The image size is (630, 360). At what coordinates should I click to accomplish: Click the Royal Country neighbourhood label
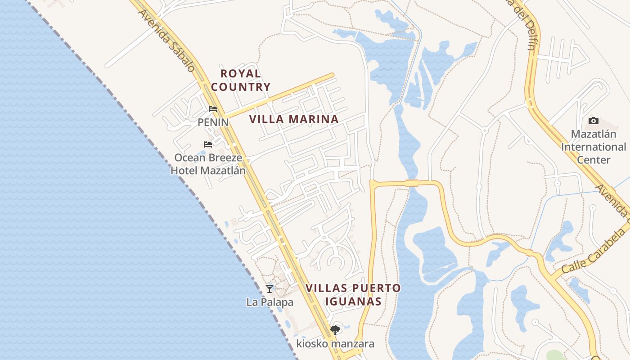[x=241, y=80]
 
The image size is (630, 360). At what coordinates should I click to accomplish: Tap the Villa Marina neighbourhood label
[x=293, y=119]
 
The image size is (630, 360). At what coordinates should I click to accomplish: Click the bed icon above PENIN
[x=213, y=109]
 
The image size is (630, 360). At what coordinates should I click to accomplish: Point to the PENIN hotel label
[x=213, y=122]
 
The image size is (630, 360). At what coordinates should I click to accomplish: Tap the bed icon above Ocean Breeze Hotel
[x=207, y=144]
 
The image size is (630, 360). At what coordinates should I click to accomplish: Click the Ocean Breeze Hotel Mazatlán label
[x=208, y=164]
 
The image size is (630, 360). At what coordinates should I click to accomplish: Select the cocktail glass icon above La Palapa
[x=270, y=289]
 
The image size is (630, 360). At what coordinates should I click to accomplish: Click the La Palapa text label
[x=270, y=302]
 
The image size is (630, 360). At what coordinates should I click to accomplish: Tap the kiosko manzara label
[x=335, y=344]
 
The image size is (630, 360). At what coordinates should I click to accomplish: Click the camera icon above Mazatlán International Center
[x=594, y=121]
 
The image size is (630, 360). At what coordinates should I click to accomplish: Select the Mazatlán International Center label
[x=594, y=147]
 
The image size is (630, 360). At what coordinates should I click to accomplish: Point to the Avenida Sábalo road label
[x=166, y=40]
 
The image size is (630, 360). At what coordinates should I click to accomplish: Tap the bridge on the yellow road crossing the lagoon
[x=411, y=183]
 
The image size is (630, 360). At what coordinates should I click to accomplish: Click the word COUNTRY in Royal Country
[x=241, y=87]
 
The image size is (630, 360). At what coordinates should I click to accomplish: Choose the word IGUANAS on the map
[x=353, y=301]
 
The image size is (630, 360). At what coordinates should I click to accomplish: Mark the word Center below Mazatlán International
[x=594, y=160]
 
